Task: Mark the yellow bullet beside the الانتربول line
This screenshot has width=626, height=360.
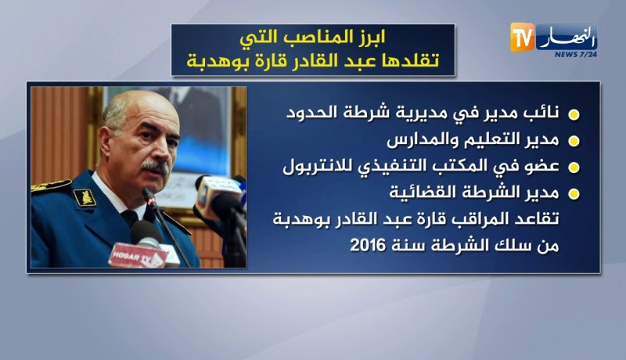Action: (x=573, y=167)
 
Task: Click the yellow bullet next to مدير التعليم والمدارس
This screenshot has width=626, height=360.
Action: (x=573, y=142)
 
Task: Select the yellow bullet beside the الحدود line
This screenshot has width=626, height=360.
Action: (x=573, y=115)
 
